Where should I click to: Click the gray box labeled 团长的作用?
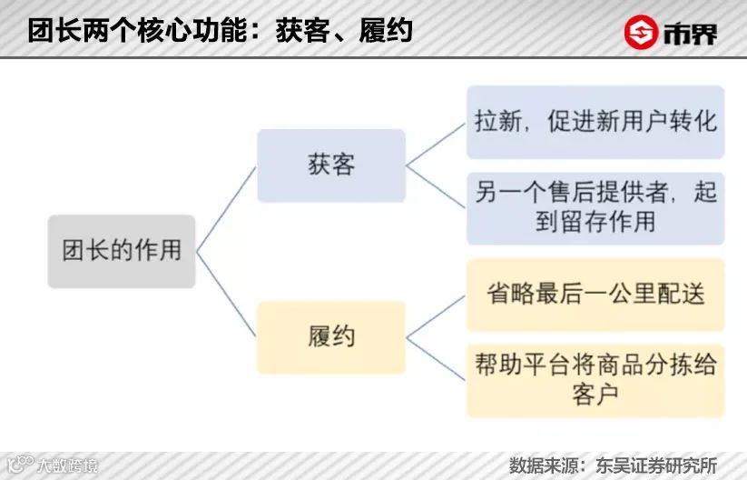coord(122,251)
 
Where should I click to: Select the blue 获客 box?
coord(330,165)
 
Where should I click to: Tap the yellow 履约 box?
coord(330,337)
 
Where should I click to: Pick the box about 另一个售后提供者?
coord(595,207)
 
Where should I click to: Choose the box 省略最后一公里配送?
coord(595,295)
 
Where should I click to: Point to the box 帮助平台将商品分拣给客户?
coord(595,379)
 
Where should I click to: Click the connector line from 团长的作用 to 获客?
coord(227,208)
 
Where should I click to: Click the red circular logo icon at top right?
coord(642,33)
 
